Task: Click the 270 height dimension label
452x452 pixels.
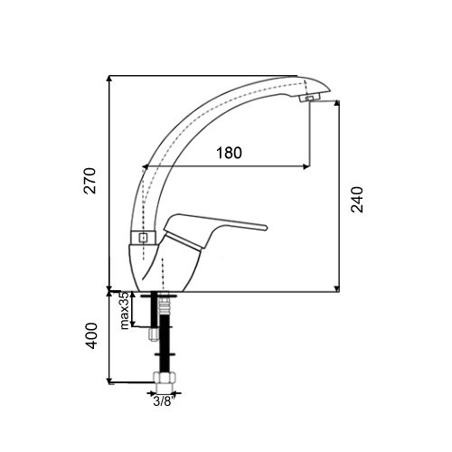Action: [89, 181]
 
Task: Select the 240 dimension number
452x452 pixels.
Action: [357, 200]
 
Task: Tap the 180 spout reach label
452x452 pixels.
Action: [229, 153]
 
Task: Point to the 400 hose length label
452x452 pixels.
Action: [91, 336]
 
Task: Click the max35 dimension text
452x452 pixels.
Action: [125, 310]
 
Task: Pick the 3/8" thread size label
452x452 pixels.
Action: [165, 401]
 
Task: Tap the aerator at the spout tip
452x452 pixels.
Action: [310, 98]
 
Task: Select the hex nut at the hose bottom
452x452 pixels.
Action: [165, 378]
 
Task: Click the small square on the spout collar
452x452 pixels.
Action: [143, 238]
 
